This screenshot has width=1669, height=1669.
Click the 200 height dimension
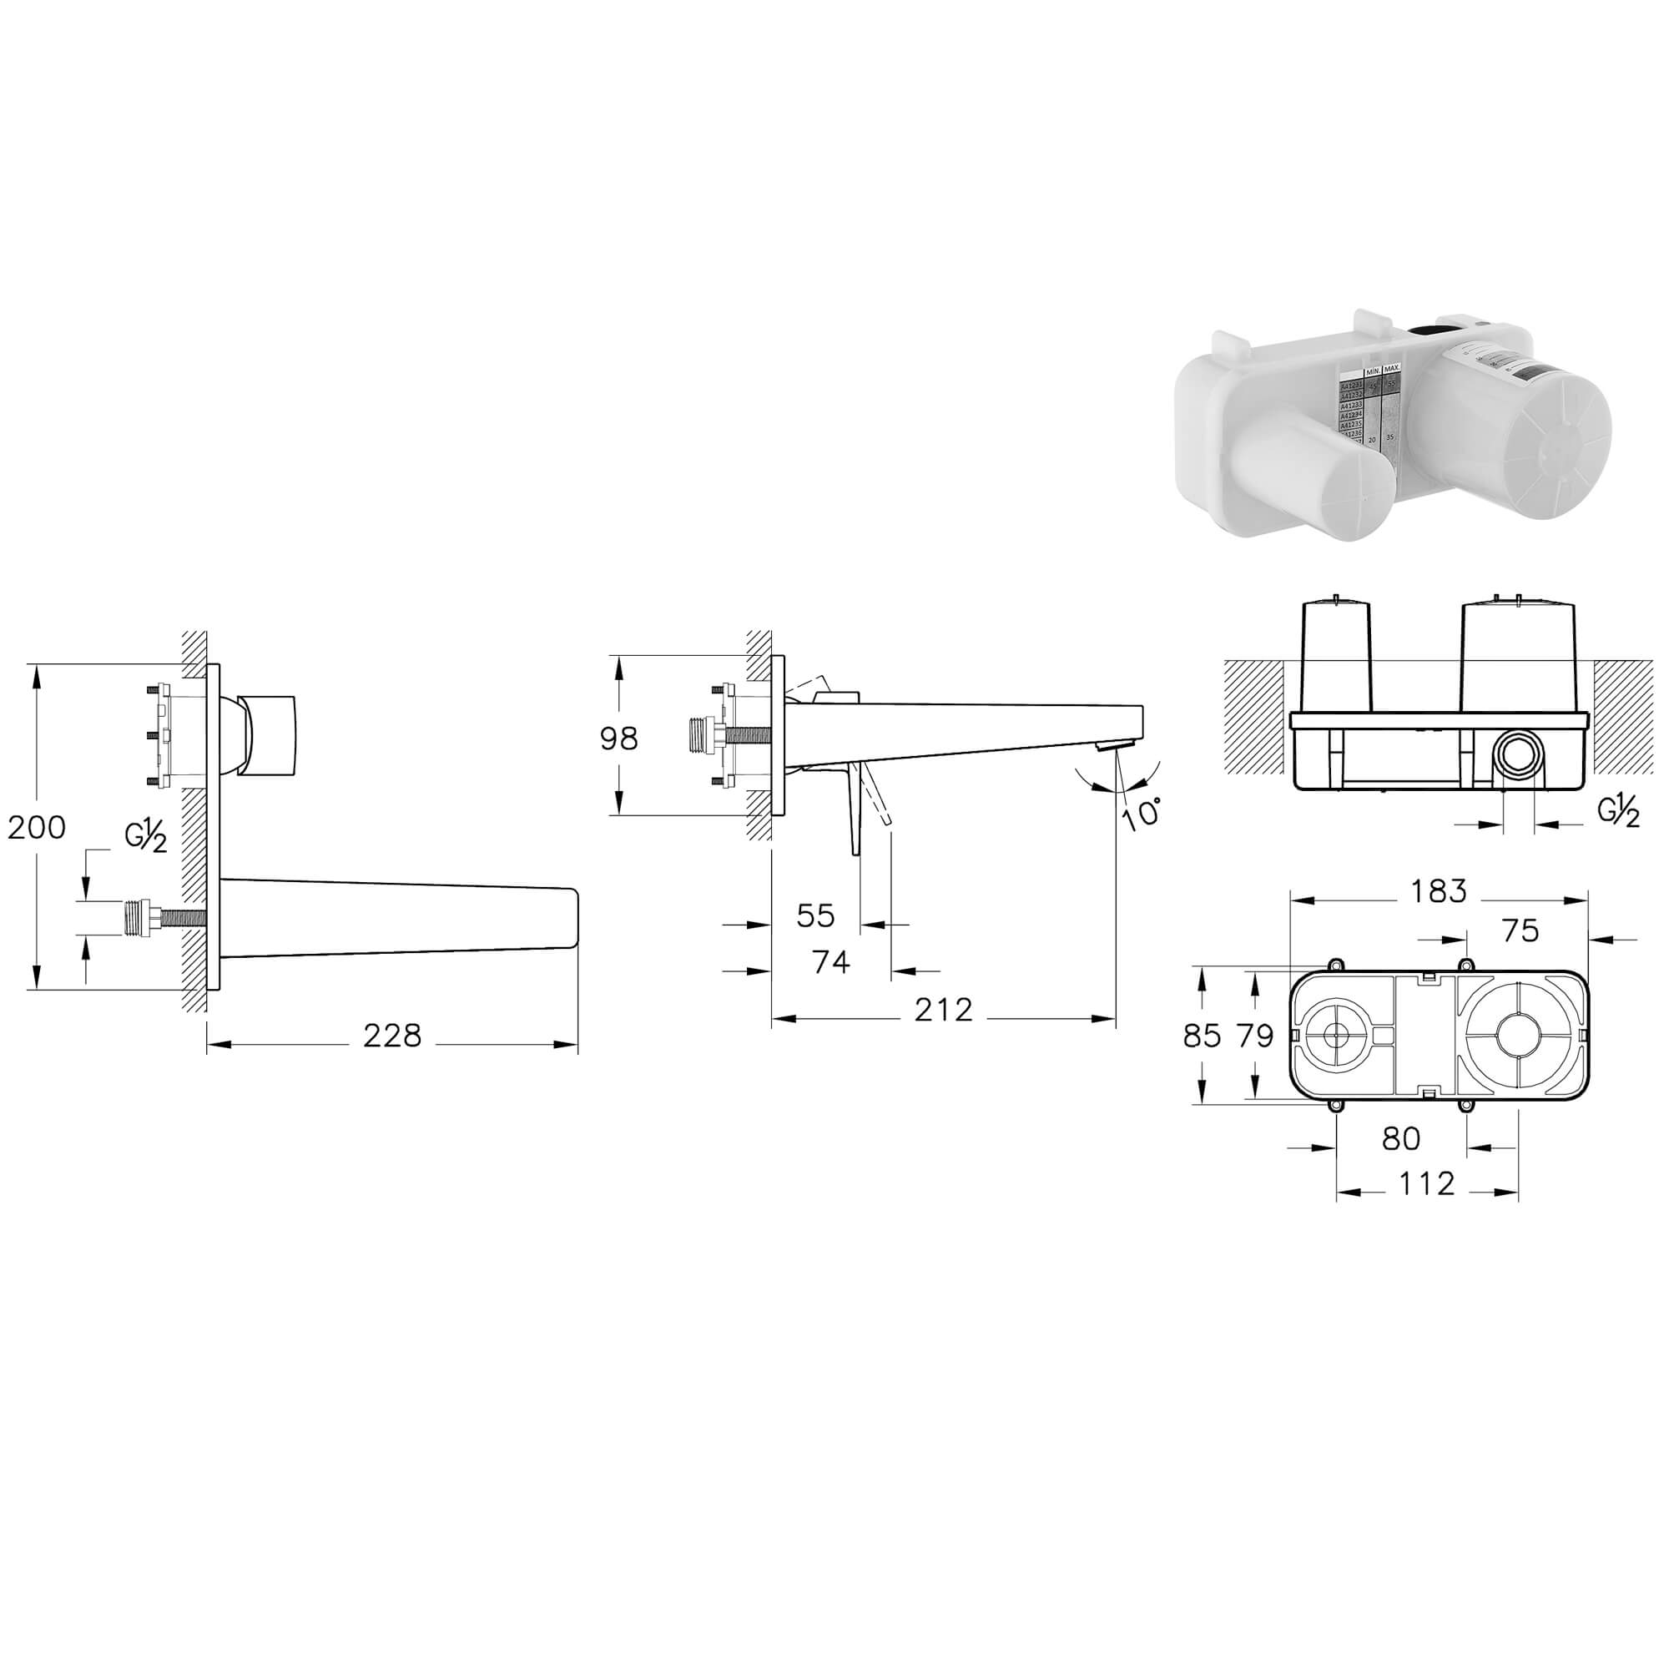[36, 828]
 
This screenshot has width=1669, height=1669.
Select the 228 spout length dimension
[392, 1035]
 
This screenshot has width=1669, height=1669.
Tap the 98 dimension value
[618, 739]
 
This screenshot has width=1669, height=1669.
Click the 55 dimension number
[815, 915]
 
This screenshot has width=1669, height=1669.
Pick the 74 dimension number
[831, 962]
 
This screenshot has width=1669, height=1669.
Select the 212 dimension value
[943, 1010]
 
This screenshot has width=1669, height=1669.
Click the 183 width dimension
[1439, 891]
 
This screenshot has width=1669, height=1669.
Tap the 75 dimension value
[1520, 930]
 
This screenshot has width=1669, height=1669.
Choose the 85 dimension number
[1202, 1036]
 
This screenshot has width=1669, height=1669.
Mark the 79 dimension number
[1255, 1036]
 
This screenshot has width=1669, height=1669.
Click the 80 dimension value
[1401, 1139]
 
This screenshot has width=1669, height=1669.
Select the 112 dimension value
[1427, 1183]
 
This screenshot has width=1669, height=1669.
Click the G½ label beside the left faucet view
[146, 837]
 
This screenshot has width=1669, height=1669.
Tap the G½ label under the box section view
[1618, 811]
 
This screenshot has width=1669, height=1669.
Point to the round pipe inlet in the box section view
[1518, 755]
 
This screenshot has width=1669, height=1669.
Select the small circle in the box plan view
[1336, 1036]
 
